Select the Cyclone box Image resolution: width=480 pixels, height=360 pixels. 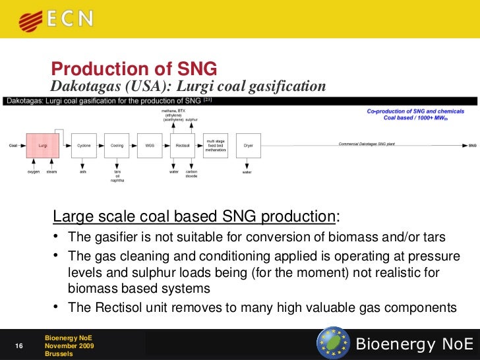(84, 145)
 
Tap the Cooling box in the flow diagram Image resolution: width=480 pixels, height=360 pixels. (117, 145)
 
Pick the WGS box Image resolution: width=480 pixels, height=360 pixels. (150, 145)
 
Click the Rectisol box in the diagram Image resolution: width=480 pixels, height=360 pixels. (183, 145)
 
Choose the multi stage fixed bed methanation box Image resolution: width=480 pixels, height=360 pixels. (216, 145)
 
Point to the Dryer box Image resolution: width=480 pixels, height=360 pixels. (249, 145)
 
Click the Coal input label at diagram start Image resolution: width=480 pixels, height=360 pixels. (13, 145)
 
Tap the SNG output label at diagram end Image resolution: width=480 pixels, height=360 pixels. (471, 145)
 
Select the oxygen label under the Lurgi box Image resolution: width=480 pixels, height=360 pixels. (34, 172)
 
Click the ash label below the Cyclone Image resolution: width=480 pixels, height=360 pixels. (83, 172)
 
